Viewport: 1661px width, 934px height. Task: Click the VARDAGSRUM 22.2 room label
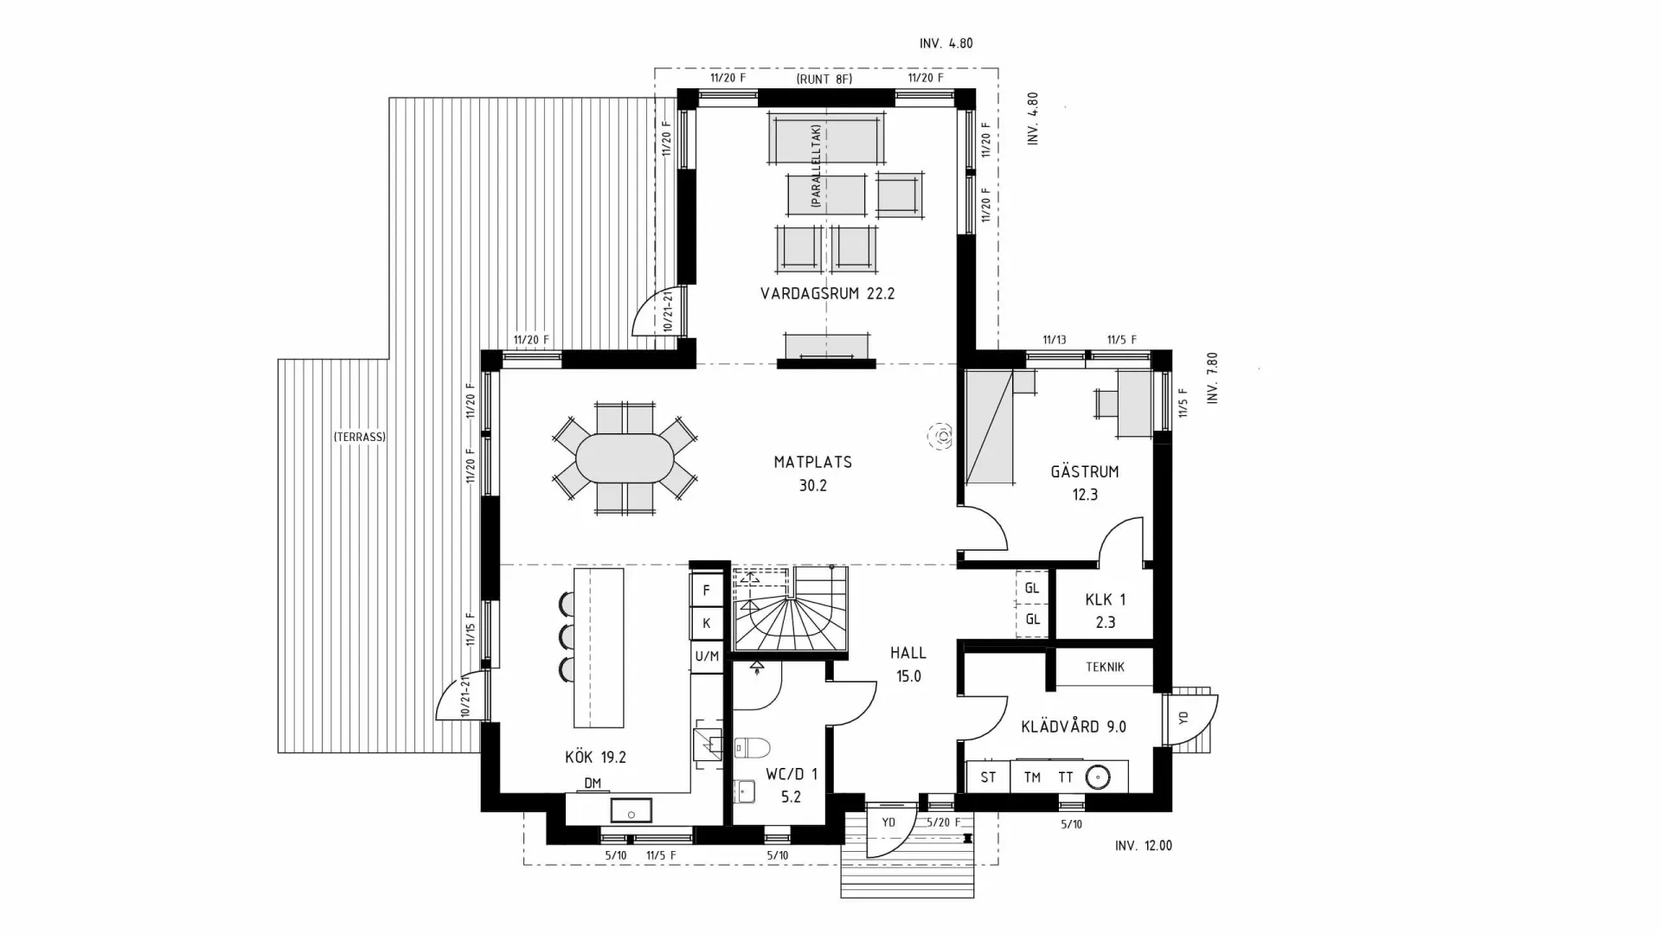click(827, 293)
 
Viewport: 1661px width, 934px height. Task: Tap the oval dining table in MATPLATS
click(625, 458)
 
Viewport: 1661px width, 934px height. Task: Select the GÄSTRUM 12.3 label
click(1085, 483)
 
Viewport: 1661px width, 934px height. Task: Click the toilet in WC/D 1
click(752, 747)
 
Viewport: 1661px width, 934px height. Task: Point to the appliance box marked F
click(707, 591)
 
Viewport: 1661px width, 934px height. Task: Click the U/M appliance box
click(707, 656)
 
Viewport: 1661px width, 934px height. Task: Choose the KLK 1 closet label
click(1105, 610)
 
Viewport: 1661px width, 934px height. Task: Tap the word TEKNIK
click(1105, 667)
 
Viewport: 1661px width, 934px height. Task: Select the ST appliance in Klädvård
click(988, 777)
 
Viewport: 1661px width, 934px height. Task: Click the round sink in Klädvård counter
click(1098, 777)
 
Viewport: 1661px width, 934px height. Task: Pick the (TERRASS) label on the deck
click(360, 437)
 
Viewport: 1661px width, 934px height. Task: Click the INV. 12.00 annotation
click(1143, 846)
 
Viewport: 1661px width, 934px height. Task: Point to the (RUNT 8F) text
click(824, 79)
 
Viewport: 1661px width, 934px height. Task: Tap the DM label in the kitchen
click(593, 784)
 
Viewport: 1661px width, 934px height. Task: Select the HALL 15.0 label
click(908, 664)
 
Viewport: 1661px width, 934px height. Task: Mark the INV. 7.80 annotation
click(1212, 378)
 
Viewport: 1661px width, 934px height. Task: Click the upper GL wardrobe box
click(1032, 588)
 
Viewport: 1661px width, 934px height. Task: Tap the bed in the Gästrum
click(989, 428)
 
